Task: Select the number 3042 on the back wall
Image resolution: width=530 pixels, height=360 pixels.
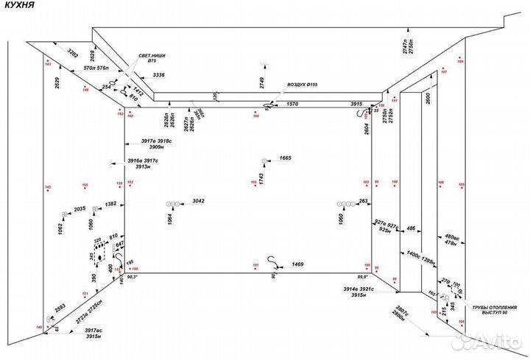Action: point(198,201)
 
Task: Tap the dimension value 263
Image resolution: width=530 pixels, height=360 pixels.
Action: point(364,201)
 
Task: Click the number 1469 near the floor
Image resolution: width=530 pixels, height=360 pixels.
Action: point(298,263)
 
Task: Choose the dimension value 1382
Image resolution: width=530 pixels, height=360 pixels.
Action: point(110,203)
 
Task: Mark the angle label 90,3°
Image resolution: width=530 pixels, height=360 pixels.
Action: point(133,278)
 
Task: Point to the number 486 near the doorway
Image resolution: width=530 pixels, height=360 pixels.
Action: point(411,228)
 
